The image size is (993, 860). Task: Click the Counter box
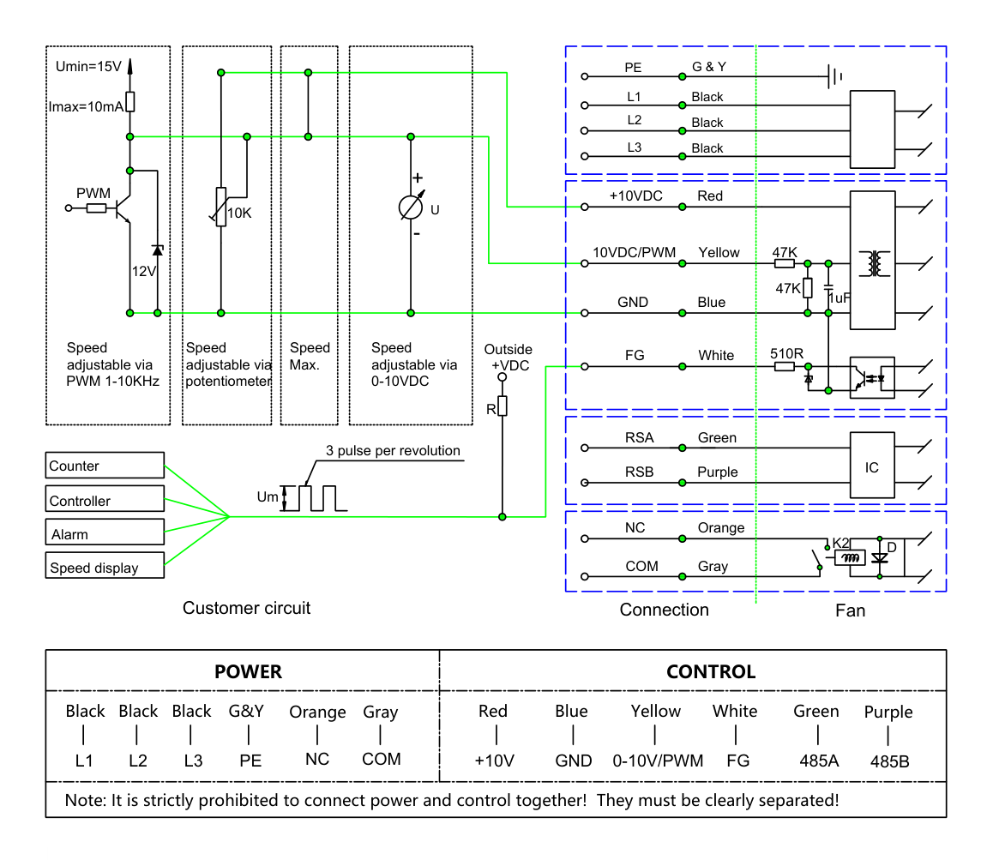(x=105, y=465)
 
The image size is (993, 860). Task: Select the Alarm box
(x=105, y=532)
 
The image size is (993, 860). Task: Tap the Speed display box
(x=105, y=565)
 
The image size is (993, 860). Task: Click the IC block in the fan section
(x=872, y=465)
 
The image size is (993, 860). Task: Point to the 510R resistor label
(x=786, y=353)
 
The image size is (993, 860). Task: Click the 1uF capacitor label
(x=840, y=298)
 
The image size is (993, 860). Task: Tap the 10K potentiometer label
(x=239, y=213)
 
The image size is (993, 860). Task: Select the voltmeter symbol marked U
(x=411, y=207)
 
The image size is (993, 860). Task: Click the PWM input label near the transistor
(x=93, y=193)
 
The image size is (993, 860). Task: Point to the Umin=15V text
(x=88, y=67)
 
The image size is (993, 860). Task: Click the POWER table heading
(x=249, y=672)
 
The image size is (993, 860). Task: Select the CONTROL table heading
(x=711, y=672)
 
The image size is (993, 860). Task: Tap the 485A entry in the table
(x=819, y=761)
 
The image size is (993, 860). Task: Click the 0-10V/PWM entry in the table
(x=658, y=761)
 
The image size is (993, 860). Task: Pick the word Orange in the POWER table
(x=317, y=713)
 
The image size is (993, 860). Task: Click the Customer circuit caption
(x=246, y=608)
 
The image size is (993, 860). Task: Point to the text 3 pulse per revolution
(x=393, y=450)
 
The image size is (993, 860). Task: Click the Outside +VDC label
(x=508, y=358)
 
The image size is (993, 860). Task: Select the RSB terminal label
(x=639, y=472)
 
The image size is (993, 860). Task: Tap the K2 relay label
(x=840, y=543)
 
